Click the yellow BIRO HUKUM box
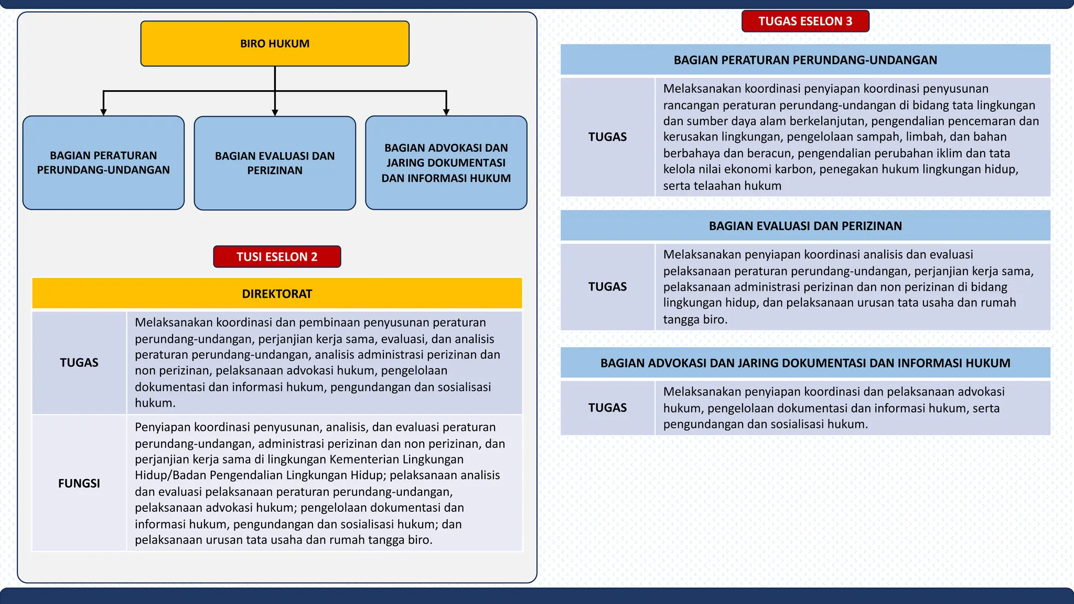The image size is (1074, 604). point(275,44)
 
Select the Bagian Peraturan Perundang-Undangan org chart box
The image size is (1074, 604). point(103,163)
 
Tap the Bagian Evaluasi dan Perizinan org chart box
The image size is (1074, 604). point(275,163)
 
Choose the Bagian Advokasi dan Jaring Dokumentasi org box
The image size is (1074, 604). point(446,163)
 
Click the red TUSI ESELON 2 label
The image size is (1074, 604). point(277,256)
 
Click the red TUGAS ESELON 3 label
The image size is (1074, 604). point(805,21)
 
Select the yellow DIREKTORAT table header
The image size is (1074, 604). point(277,294)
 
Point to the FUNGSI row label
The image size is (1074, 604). point(79,483)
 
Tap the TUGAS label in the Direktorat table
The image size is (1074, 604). point(79,363)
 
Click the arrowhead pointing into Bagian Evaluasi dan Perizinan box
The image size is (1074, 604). point(275,112)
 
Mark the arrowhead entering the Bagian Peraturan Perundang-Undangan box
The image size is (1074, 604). point(103,112)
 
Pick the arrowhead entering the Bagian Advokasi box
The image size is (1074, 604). point(446,112)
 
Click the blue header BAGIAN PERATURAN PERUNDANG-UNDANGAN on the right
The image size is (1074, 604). point(805,60)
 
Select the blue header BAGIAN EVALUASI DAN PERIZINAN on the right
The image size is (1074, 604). point(805,226)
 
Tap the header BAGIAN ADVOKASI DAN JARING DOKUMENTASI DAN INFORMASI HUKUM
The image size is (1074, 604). point(805,363)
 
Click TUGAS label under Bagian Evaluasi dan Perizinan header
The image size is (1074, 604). point(607,287)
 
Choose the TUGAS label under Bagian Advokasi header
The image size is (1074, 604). point(607,408)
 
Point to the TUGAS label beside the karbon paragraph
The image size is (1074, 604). point(607,137)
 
